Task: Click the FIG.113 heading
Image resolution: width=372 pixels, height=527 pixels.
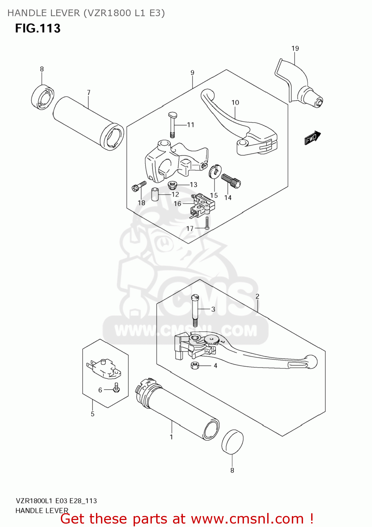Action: (x=38, y=28)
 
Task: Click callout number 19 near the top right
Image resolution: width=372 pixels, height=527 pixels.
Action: (x=295, y=48)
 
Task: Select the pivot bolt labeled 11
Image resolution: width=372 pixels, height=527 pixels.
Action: (x=172, y=125)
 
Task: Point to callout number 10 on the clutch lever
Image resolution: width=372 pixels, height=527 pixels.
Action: (x=235, y=103)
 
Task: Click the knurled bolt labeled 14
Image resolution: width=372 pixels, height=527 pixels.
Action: (x=231, y=181)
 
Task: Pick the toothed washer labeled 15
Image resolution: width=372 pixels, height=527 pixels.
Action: (x=214, y=171)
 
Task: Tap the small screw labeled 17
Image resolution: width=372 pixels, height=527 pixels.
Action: (x=207, y=223)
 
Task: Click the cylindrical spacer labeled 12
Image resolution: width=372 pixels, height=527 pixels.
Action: (x=155, y=194)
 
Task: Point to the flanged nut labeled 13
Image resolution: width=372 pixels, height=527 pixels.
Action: (x=172, y=184)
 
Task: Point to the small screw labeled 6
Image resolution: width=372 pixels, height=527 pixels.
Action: (x=116, y=388)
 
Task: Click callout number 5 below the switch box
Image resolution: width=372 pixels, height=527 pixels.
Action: (x=92, y=414)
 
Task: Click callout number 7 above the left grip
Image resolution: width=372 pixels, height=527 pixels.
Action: (x=89, y=92)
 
